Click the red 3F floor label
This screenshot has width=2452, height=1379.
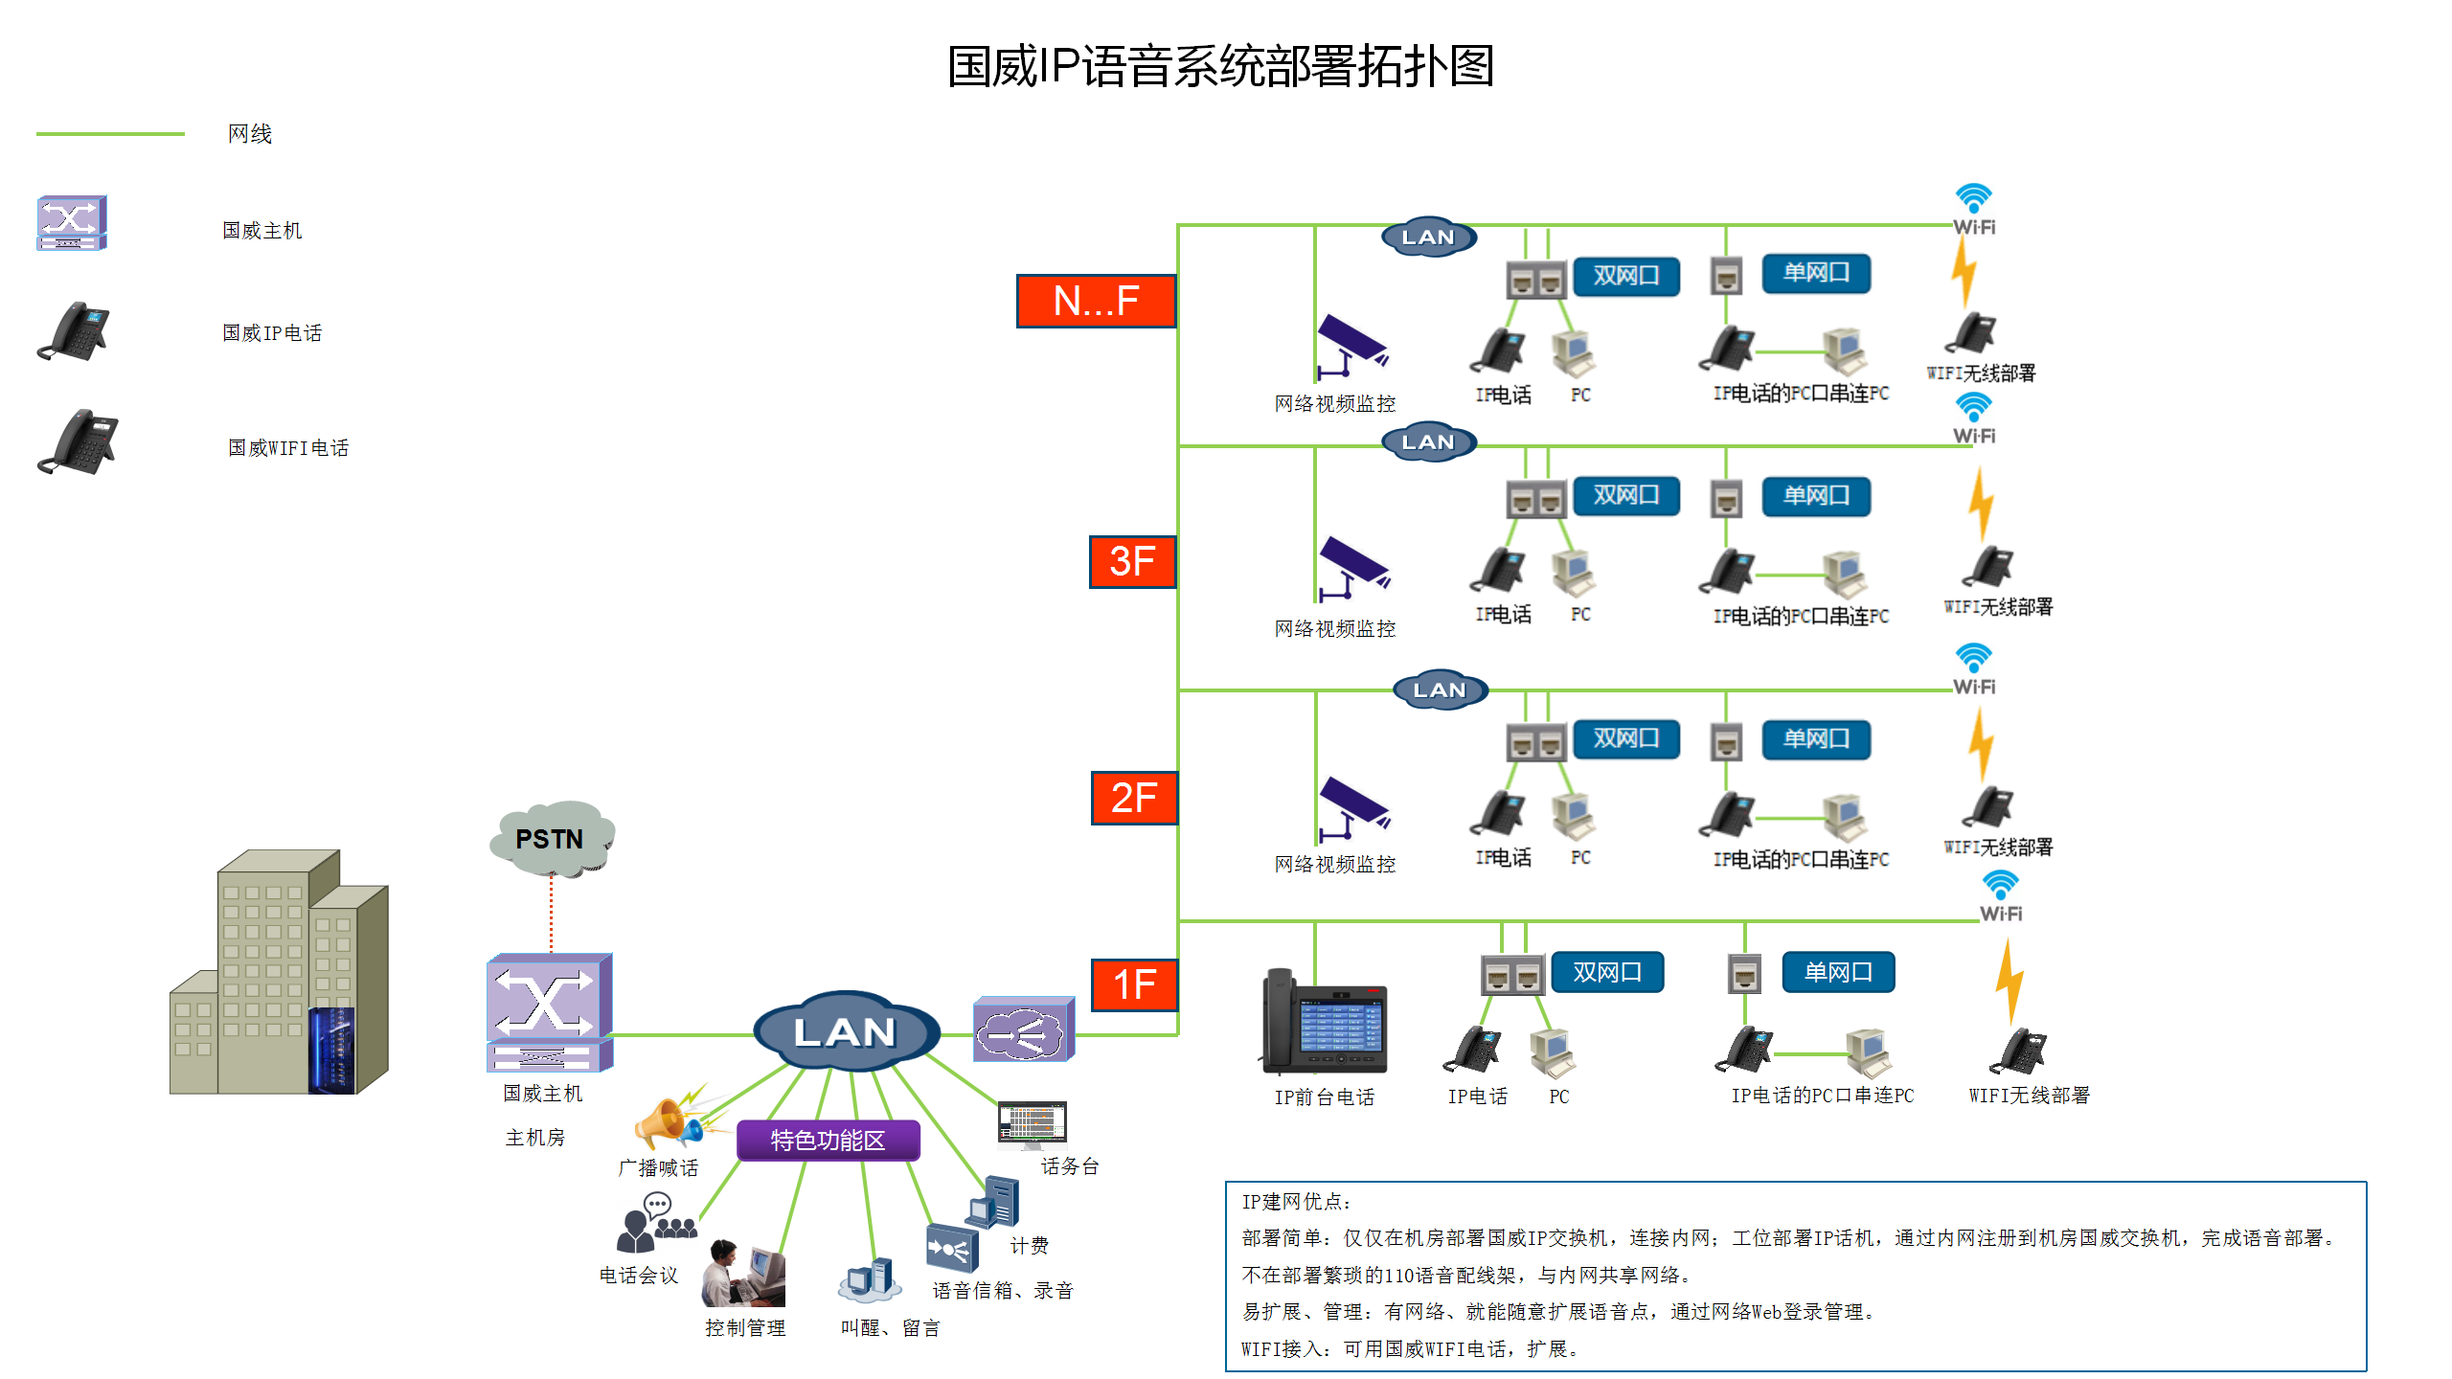pos(1132,562)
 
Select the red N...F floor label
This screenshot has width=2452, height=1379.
pos(1096,302)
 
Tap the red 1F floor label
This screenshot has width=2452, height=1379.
pos(1134,984)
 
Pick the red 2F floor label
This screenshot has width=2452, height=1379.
pos(1134,798)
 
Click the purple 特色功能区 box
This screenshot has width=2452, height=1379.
pos(828,1141)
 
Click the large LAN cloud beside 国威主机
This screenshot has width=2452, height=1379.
pos(845,1032)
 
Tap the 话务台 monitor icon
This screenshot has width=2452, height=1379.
pos(1032,1123)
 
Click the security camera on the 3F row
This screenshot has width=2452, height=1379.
pos(1352,567)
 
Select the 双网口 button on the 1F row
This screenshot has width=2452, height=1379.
pos(1607,972)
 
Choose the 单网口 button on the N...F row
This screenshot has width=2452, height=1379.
pos(1815,273)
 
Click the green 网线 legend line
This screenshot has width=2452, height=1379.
pos(110,134)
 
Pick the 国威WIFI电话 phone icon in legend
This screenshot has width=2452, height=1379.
pos(79,442)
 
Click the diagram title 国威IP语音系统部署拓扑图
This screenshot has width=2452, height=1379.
pos(1220,67)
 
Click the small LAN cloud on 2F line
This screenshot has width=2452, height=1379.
pos(1439,689)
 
